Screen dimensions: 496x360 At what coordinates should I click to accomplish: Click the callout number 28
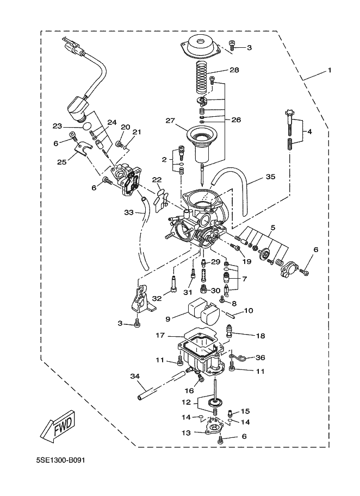point(234,71)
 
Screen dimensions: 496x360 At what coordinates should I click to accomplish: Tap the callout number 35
point(270,177)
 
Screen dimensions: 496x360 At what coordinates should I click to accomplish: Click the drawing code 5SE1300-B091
point(60,461)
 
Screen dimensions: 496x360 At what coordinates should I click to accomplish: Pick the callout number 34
point(135,376)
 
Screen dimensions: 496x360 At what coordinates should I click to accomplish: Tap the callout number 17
point(160,335)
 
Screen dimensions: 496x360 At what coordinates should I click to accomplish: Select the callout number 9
point(167,319)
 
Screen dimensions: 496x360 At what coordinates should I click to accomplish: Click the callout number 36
point(260,357)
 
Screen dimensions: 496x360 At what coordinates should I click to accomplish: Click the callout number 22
point(157,180)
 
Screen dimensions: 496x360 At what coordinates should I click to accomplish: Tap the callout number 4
point(309,132)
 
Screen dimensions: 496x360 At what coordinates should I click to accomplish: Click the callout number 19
point(247,261)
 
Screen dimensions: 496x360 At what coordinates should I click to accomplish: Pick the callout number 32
point(157,298)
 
